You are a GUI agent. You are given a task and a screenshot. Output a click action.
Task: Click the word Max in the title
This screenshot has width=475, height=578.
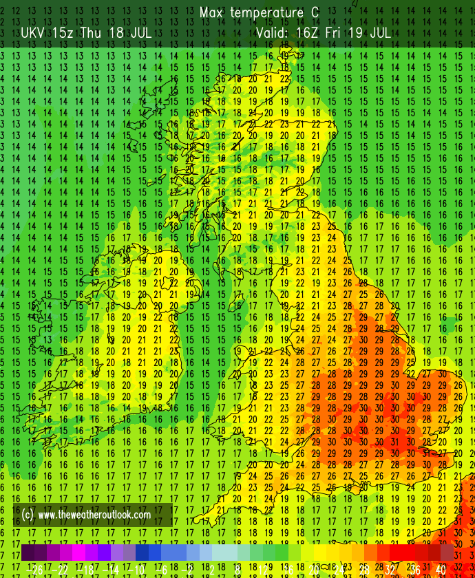pyautogui.click(x=212, y=13)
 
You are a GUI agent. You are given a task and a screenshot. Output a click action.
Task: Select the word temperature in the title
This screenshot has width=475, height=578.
pyautogui.click(x=265, y=13)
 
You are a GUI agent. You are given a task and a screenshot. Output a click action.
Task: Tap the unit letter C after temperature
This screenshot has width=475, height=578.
pyautogui.click(x=315, y=13)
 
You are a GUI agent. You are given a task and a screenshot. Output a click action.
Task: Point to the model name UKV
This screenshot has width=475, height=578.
pyautogui.click(x=34, y=32)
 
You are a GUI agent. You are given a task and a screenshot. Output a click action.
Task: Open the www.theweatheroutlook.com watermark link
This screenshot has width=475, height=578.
pyautogui.click(x=94, y=515)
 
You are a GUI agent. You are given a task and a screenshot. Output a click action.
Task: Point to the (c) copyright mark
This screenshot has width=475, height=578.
pyautogui.click(x=28, y=515)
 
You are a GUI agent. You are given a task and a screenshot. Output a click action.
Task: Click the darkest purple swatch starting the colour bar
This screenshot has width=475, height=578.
pyautogui.click(x=28, y=553)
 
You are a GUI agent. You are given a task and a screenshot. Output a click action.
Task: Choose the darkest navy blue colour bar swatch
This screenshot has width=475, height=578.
pyautogui.click(x=142, y=553)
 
